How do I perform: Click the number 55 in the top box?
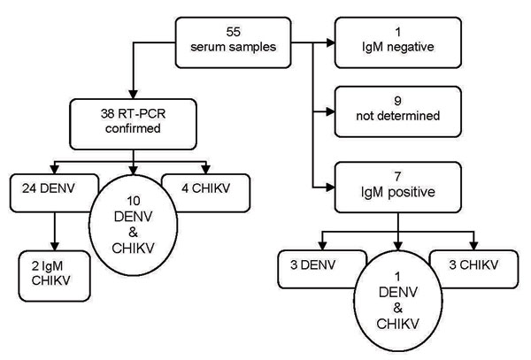coord(234,32)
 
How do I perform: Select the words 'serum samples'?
coord(234,47)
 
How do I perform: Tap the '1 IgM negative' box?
coord(398,42)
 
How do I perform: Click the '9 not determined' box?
coord(398,111)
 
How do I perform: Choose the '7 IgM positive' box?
coord(398,188)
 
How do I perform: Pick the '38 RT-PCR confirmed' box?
coord(133,124)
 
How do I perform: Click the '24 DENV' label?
coord(49,188)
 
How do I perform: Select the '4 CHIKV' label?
coord(205,188)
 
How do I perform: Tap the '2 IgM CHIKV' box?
coord(55,276)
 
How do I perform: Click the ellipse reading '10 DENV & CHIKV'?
coord(133,225)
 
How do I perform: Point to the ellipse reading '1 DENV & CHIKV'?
coord(398,301)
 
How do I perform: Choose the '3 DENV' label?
coord(312,264)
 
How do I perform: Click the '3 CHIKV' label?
coord(473,264)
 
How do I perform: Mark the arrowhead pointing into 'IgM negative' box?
coord(330,42)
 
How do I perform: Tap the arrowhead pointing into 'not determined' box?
coord(330,111)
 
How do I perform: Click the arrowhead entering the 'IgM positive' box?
coord(330,188)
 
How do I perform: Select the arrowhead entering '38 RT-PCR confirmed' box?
coord(134,95)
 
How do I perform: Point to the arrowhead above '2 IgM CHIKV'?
coord(55,246)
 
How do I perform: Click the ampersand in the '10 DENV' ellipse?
coord(133,233)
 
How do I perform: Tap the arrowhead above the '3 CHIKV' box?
coord(473,246)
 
